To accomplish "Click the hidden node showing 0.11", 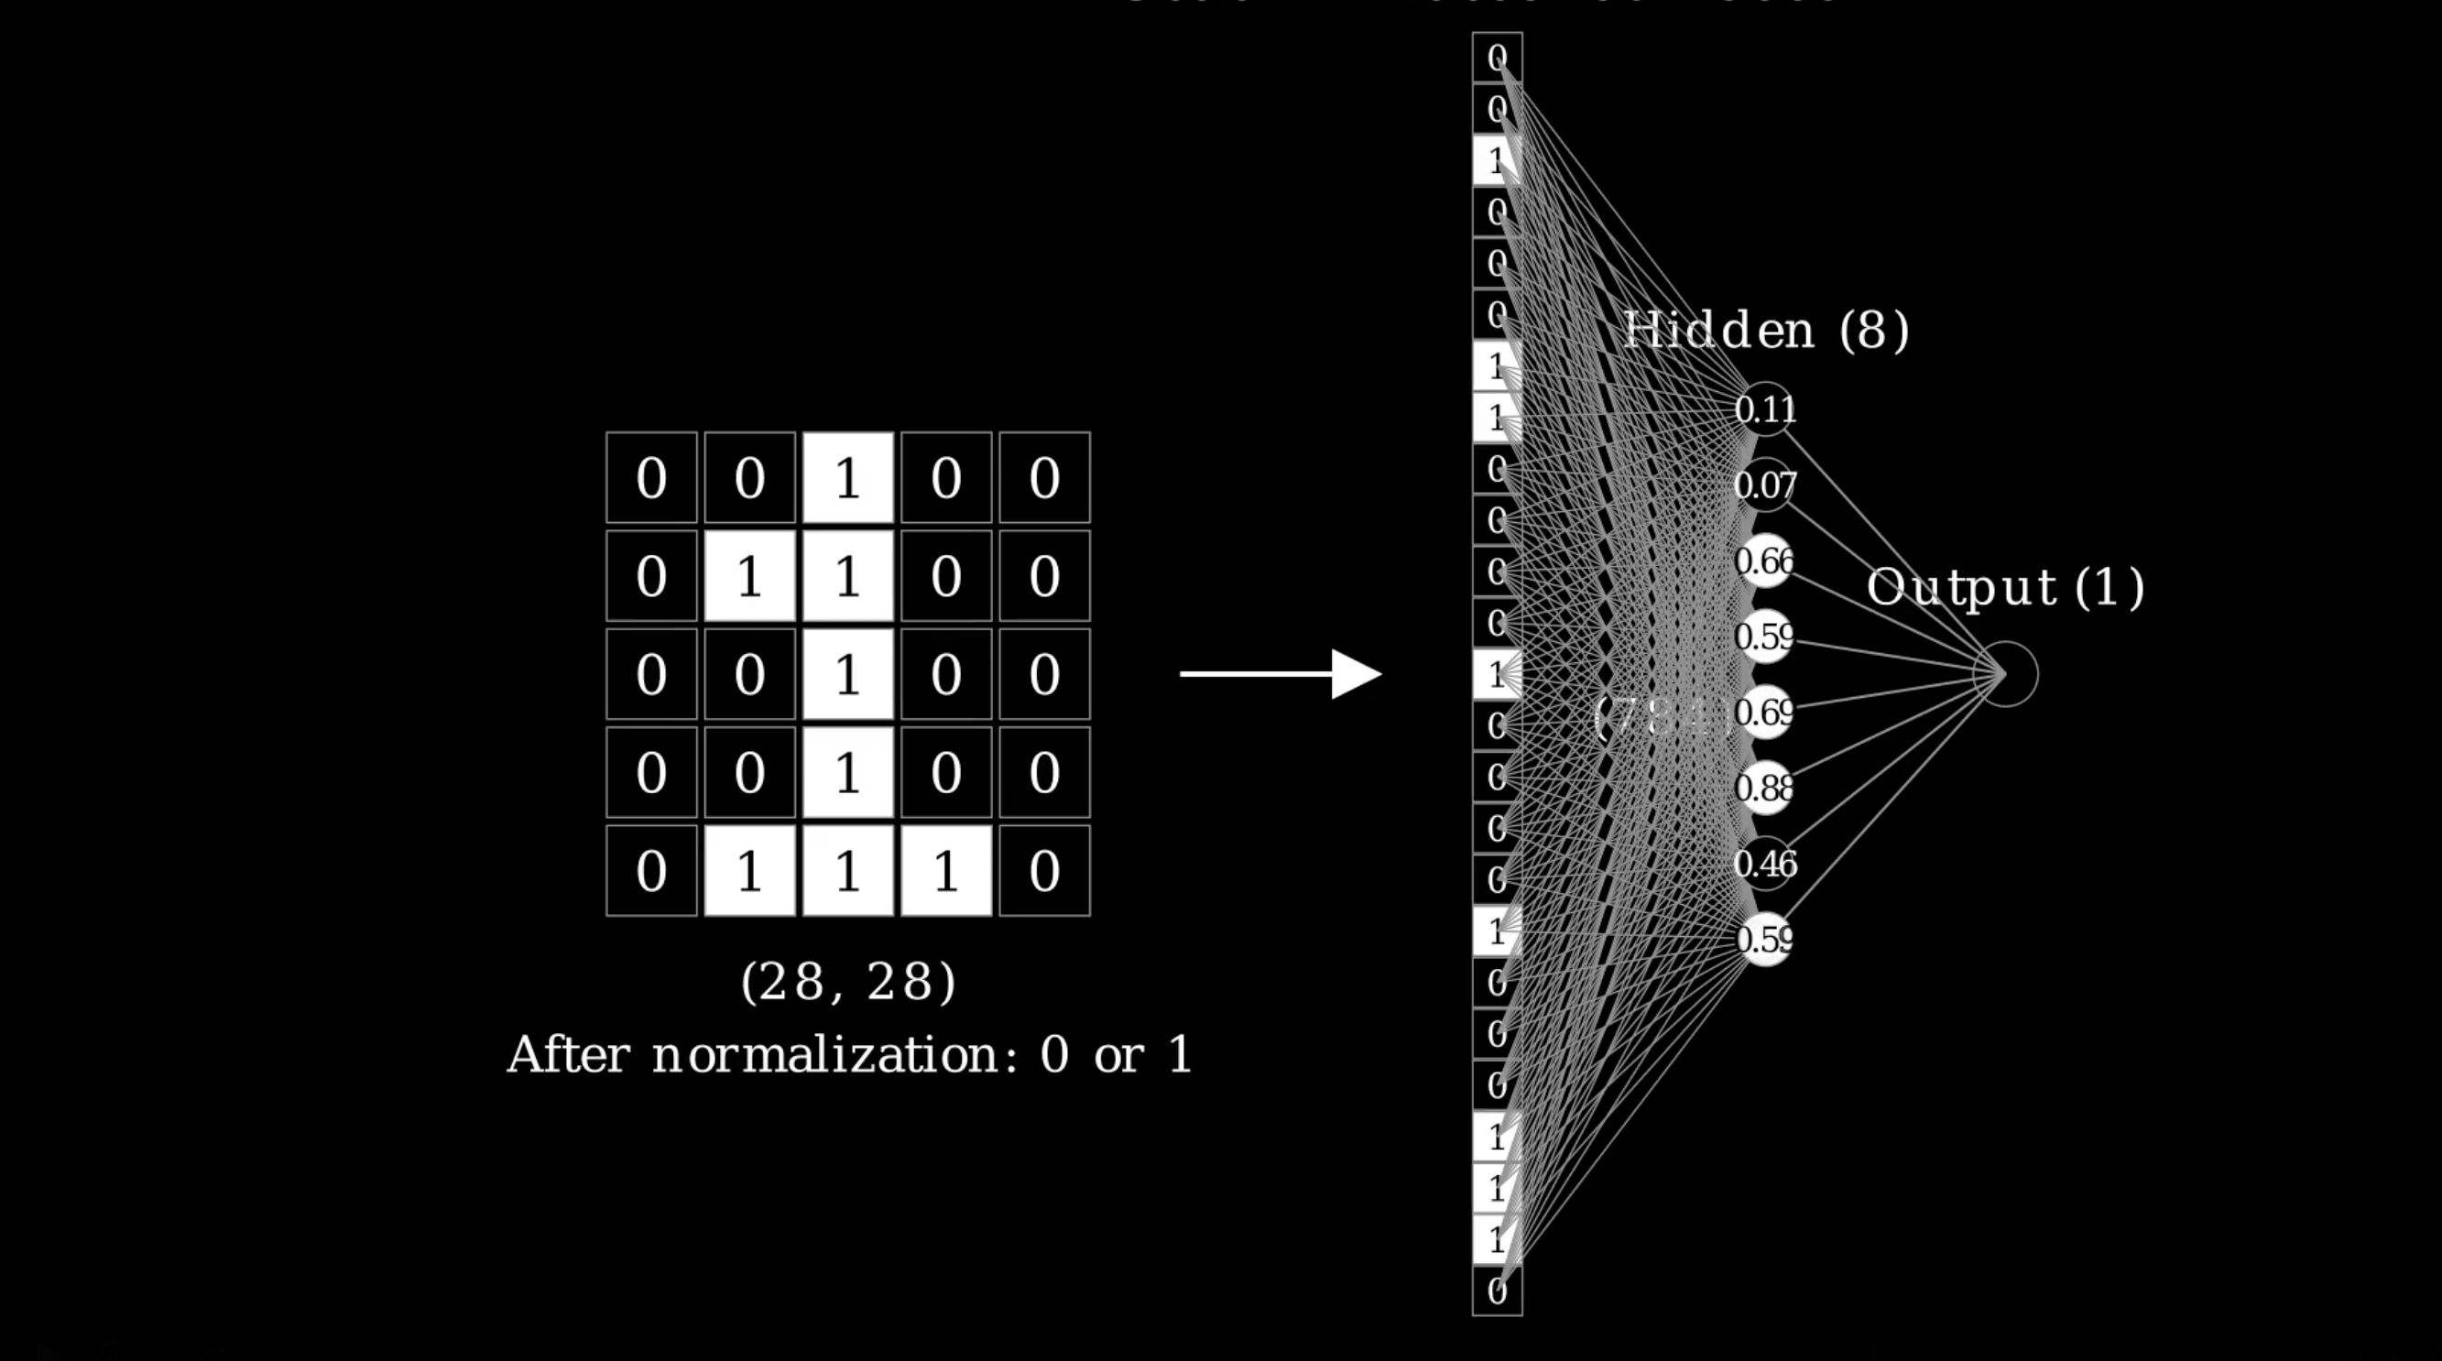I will (1765, 409).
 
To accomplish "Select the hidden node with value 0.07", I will (1765, 485).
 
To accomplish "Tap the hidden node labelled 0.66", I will (1765, 561).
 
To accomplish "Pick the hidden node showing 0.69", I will (1765, 712).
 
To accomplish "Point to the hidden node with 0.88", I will (1765, 788).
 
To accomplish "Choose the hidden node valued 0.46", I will (1765, 864).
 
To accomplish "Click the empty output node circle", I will (2005, 674).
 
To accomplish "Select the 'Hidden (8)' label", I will (1766, 330).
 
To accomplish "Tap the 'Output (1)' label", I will (2005, 587).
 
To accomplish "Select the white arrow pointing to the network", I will (1280, 674).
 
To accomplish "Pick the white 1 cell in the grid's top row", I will (847, 478).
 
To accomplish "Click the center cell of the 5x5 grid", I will (847, 674).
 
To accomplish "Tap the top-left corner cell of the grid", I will (651, 478).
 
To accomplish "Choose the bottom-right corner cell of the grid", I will (1043, 870).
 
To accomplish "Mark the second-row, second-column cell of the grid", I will (749, 575).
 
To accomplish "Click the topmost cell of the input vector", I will (1497, 58).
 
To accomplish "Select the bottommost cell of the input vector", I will (1497, 1290).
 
